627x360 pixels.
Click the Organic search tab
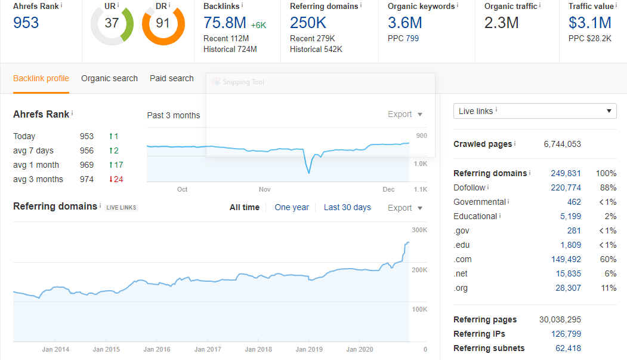(x=109, y=78)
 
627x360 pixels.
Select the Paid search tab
(x=172, y=78)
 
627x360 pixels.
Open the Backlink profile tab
(x=41, y=78)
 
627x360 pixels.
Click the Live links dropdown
(x=535, y=111)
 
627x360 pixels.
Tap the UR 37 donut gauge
(x=112, y=24)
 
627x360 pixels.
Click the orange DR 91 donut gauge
(x=163, y=24)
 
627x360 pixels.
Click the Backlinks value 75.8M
(x=224, y=23)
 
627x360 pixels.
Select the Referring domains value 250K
(x=308, y=23)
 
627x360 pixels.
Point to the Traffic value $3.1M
(x=590, y=23)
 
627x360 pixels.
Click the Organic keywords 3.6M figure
(x=405, y=23)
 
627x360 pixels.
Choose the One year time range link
(x=292, y=207)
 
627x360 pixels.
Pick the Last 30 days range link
(x=347, y=207)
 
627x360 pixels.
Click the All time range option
(x=245, y=207)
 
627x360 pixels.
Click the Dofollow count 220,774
(x=566, y=187)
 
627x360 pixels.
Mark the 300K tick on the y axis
(x=420, y=230)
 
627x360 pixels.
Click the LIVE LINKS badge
(x=122, y=207)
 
